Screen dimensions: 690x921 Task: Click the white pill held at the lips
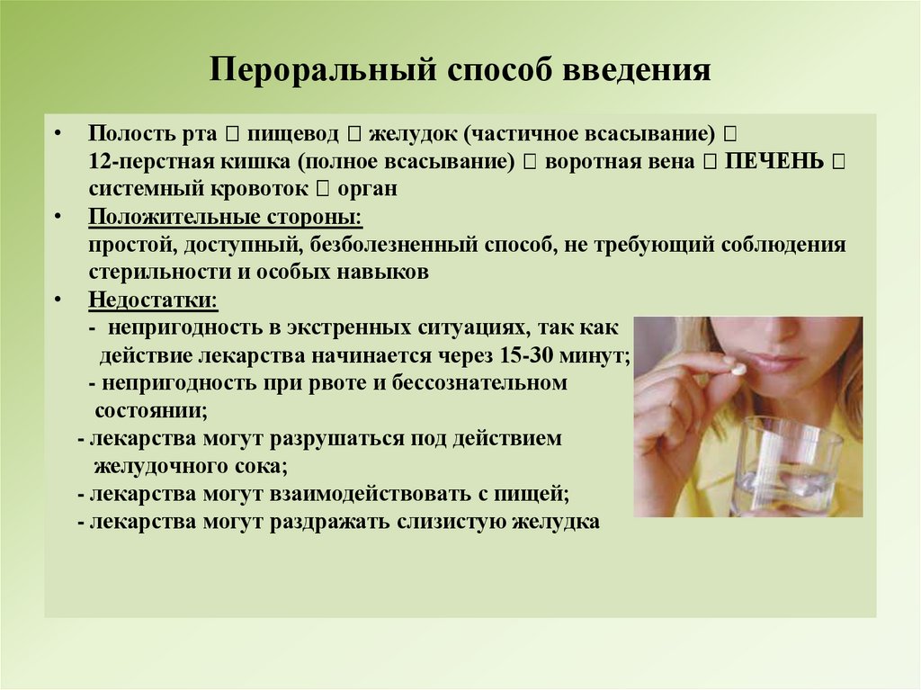click(x=736, y=368)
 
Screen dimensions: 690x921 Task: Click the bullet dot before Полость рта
click(x=58, y=134)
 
